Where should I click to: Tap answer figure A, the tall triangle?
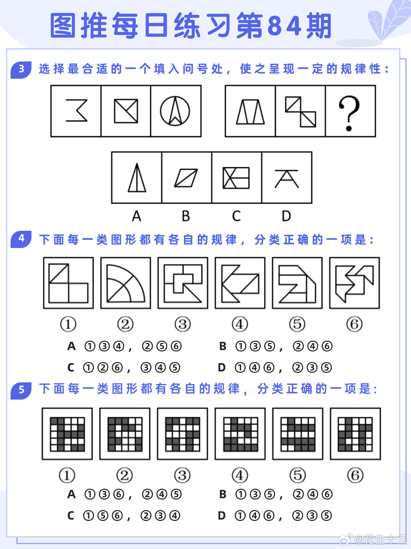137,178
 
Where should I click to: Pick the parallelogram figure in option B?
186,178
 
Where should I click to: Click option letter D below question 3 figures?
286,216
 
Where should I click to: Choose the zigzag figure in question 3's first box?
77,111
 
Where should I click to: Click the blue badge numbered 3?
21,69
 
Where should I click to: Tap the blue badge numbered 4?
21,238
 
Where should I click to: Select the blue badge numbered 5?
21,390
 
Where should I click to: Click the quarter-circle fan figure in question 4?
125,283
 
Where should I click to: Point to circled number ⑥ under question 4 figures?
354,324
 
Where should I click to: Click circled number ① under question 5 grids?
67,475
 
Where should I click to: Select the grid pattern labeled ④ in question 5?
240,434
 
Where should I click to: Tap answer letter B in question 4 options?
223,346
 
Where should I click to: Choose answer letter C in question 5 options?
71,516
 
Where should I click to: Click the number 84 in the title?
284,26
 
